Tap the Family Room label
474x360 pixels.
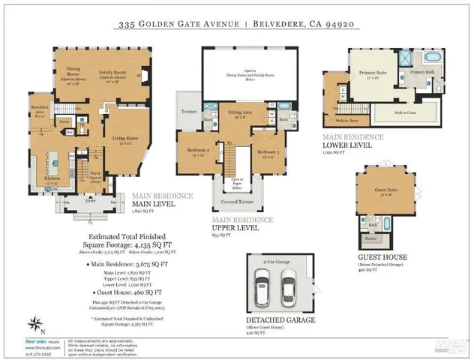coord(114,73)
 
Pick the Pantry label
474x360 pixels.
coord(64,120)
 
